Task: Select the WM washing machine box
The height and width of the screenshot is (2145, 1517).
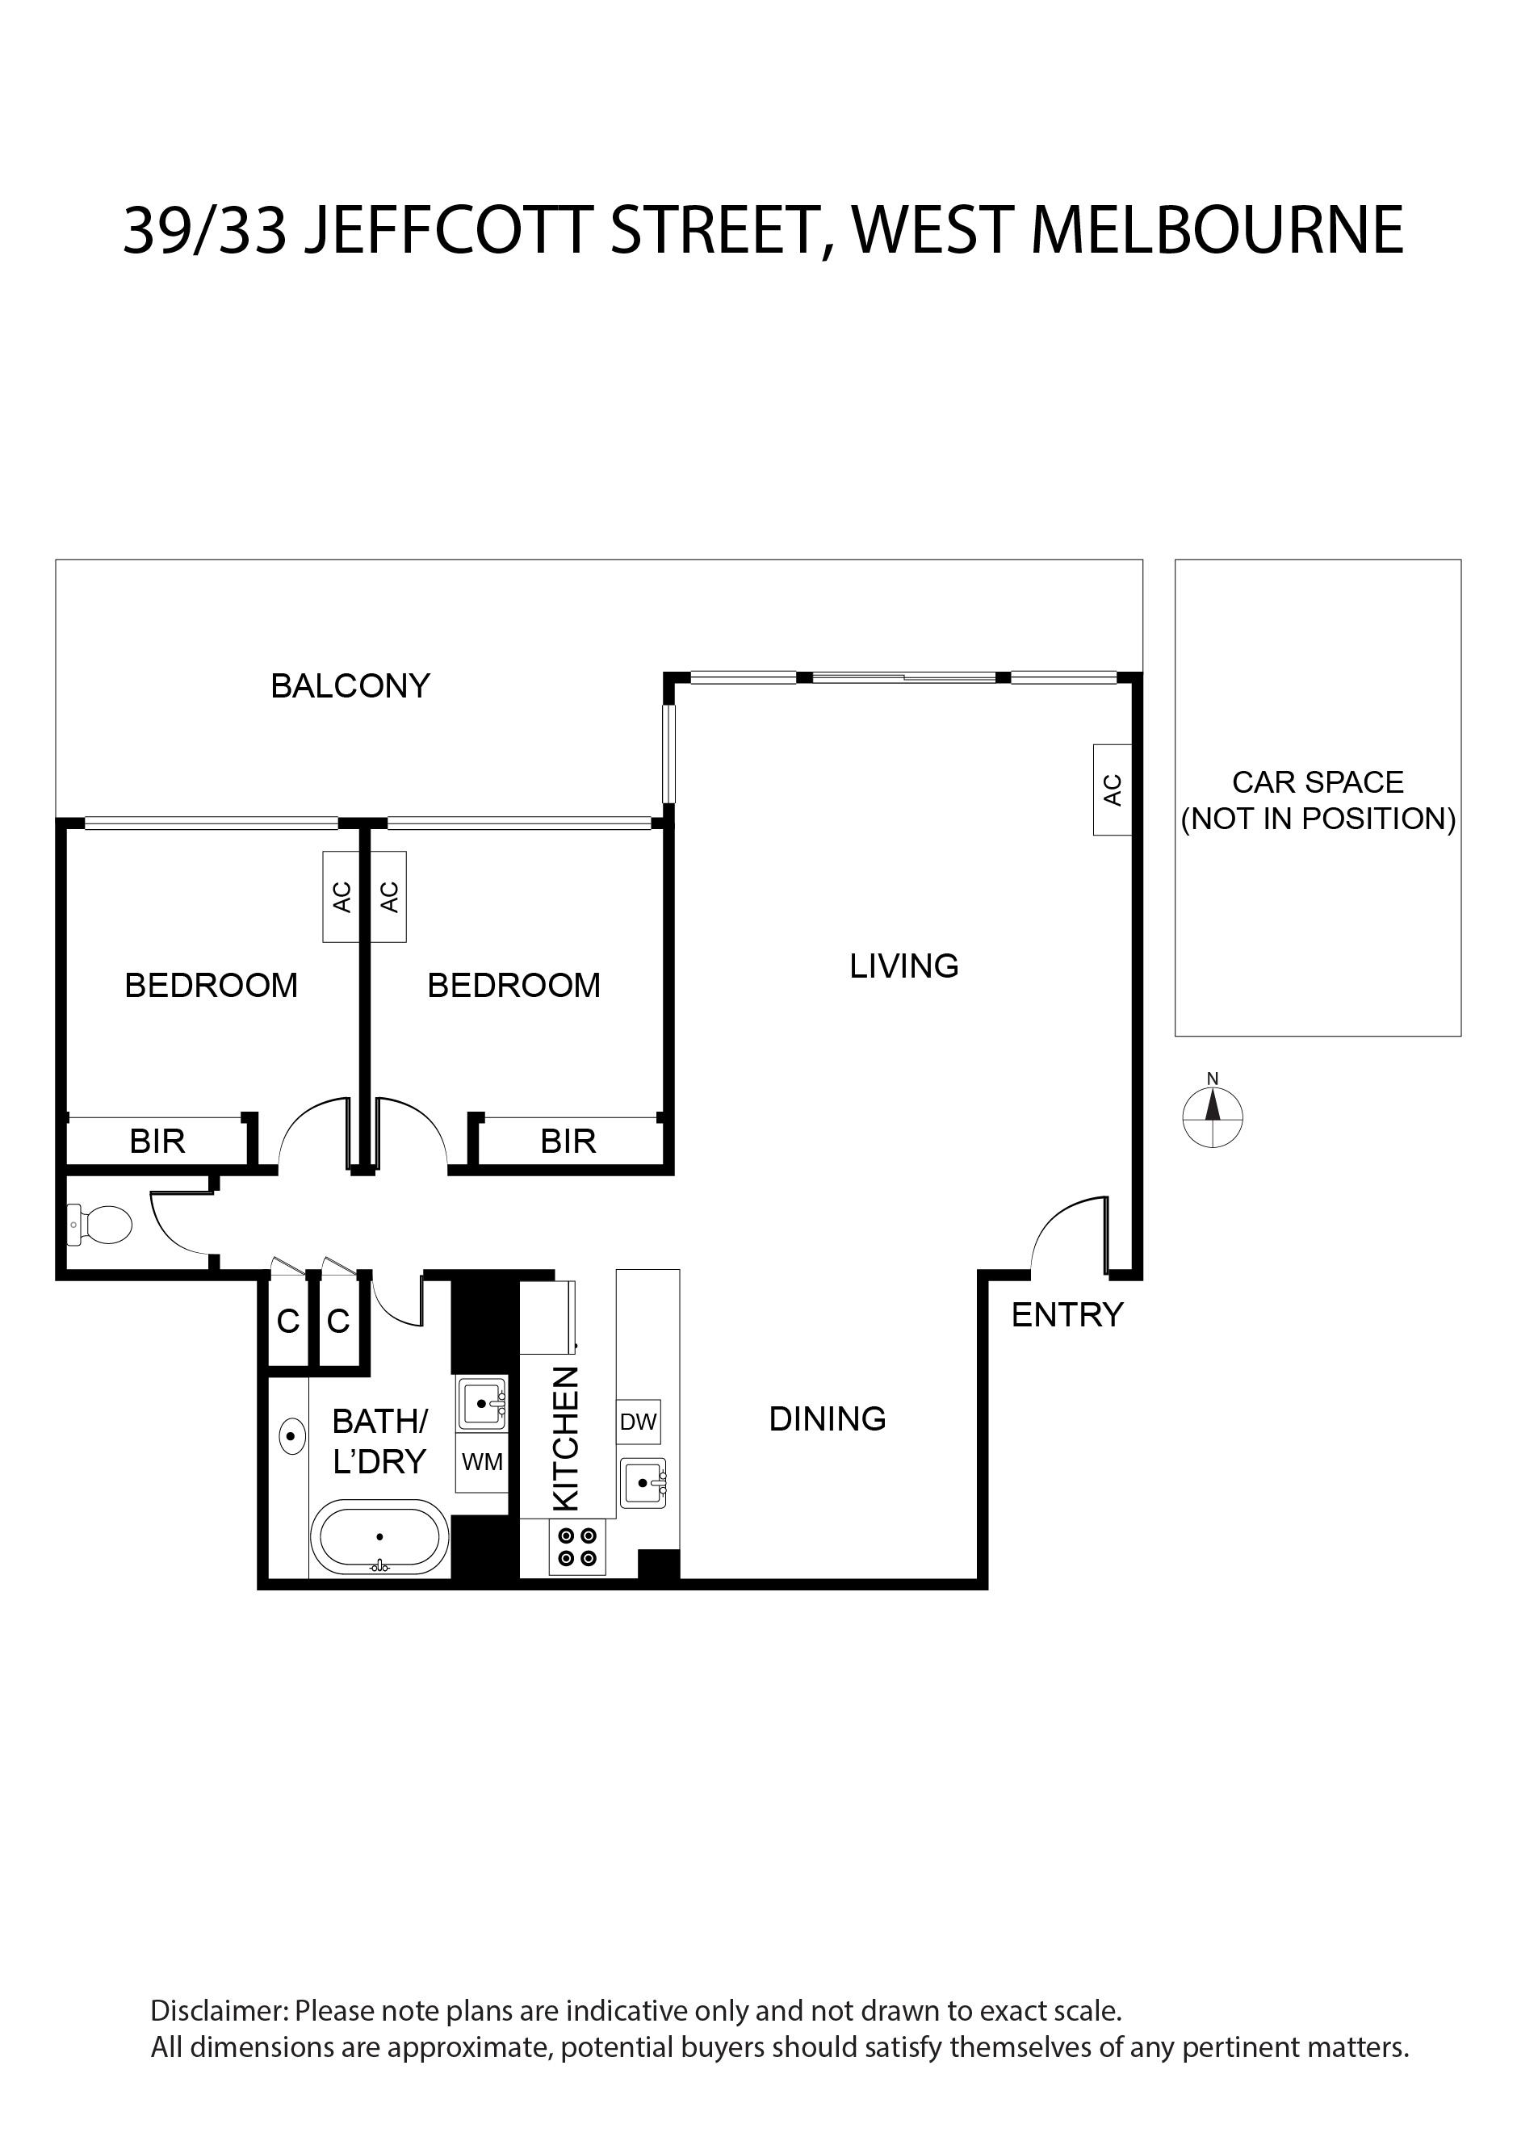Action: coord(482,1463)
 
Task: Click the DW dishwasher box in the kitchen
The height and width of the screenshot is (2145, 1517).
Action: coord(639,1422)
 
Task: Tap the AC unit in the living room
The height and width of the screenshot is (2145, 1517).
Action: coord(1113,790)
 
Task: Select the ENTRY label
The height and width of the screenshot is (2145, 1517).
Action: coord(1067,1315)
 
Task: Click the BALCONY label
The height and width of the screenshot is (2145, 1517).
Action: coord(350,687)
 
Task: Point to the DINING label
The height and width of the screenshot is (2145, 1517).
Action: coord(828,1419)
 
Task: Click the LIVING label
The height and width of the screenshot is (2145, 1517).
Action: coord(904,966)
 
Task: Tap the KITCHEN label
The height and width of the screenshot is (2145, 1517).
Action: coord(567,1439)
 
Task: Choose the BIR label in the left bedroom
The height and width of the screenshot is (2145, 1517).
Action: coord(157,1142)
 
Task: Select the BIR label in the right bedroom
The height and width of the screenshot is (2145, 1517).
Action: coord(568,1142)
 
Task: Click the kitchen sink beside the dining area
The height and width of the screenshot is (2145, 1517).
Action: coord(643,1483)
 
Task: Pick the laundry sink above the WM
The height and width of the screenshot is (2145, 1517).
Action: coord(482,1403)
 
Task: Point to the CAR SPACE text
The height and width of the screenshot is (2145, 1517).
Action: coord(1318,782)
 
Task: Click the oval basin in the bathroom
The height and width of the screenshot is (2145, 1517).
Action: coord(292,1435)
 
